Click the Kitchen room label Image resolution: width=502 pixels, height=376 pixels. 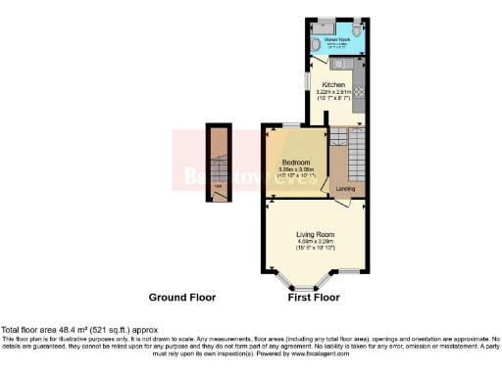point(334,85)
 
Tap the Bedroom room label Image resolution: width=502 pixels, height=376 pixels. point(295,162)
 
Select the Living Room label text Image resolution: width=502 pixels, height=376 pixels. point(317,235)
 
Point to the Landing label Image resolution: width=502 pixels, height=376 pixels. point(345,188)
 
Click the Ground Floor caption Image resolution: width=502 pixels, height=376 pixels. point(182,297)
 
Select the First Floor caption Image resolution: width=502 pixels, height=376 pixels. point(314,297)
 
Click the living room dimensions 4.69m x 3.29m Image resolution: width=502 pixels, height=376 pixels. point(317,243)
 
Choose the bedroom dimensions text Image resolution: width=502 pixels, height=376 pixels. point(295,169)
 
